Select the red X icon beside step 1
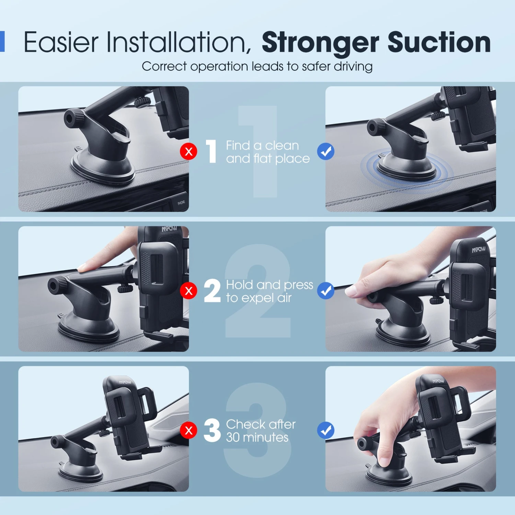pyautogui.click(x=188, y=151)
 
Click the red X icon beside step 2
pyautogui.click(x=188, y=291)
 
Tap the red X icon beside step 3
pyautogui.click(x=188, y=431)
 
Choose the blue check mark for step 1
pyautogui.click(x=326, y=151)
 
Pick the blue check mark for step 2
pyautogui.click(x=326, y=291)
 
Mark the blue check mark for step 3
pyautogui.click(x=326, y=431)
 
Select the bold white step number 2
pyautogui.click(x=212, y=291)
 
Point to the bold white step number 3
pyautogui.click(x=212, y=430)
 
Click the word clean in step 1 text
pyautogui.click(x=282, y=146)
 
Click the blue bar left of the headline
pyautogui.click(x=2, y=42)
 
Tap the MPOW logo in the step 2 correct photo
pyautogui.click(x=479, y=249)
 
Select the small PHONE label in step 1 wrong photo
pyautogui.click(x=181, y=203)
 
